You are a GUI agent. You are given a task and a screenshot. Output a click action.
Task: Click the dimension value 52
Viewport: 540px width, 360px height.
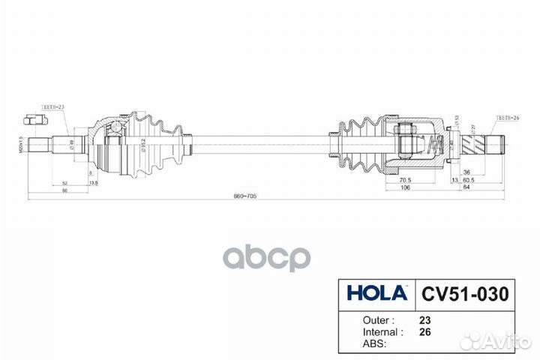[65, 182]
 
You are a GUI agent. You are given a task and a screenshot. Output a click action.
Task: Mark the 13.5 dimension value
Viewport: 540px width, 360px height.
[93, 182]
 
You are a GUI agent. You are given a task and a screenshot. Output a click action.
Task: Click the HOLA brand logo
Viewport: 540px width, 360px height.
[375, 291]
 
